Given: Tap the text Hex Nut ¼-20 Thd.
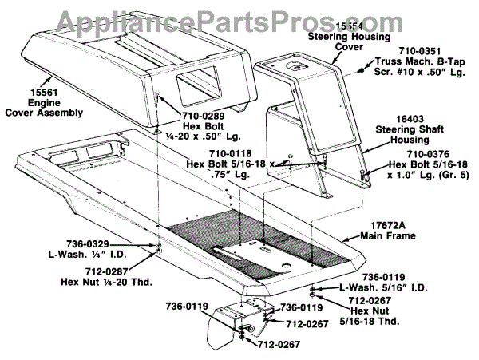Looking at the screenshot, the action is [107, 283].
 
